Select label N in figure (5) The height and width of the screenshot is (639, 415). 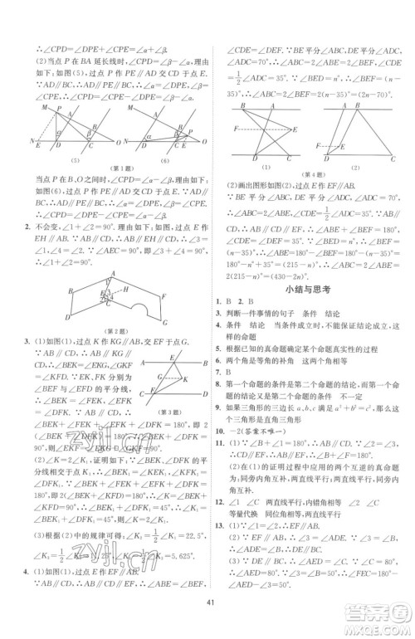pyautogui.click(x=32, y=141)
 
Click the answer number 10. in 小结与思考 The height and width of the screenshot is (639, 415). pyautogui.click(x=219, y=432)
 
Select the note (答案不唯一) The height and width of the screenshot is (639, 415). pyautogui.click(x=252, y=432)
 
